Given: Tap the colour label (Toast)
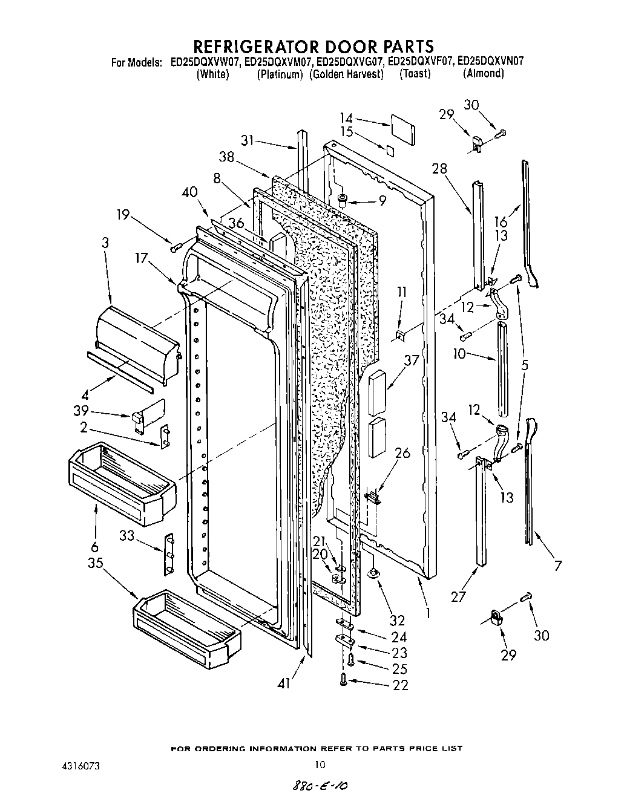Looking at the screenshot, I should point(415,74).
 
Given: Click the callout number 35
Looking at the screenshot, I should point(95,563).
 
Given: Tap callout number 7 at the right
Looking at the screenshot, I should point(558,566).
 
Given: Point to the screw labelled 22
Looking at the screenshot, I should point(344,680).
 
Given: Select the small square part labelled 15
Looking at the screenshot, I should point(391,149).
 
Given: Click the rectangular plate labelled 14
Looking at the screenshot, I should point(402,129).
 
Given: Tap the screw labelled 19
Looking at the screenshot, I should point(177,246).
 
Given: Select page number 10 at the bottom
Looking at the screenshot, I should point(321,764).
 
